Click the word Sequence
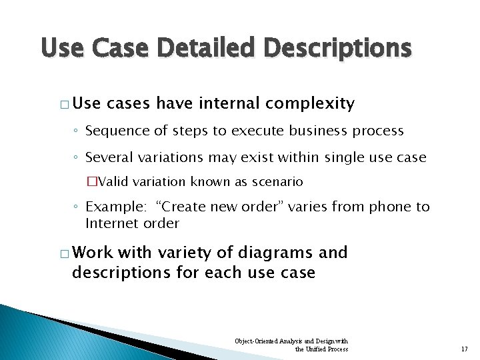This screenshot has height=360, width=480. click(115, 131)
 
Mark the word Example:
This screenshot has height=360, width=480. click(112, 207)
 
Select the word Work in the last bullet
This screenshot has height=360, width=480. click(93, 253)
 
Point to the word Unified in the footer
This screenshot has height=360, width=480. click(316, 349)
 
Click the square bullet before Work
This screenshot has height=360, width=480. click(63, 253)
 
